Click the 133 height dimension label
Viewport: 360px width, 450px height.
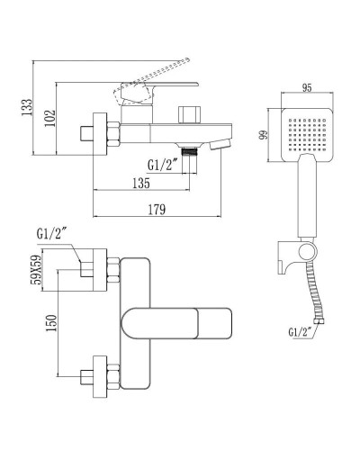(x=26, y=107)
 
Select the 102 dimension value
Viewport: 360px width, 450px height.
(x=50, y=118)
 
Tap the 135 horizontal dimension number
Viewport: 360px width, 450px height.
(x=141, y=183)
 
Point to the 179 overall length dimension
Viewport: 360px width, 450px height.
(x=157, y=210)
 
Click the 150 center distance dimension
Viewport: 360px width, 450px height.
(x=50, y=323)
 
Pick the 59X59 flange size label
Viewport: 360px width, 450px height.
(x=37, y=270)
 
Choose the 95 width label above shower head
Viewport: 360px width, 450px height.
(x=307, y=88)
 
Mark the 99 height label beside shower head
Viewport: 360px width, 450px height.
(x=263, y=135)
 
